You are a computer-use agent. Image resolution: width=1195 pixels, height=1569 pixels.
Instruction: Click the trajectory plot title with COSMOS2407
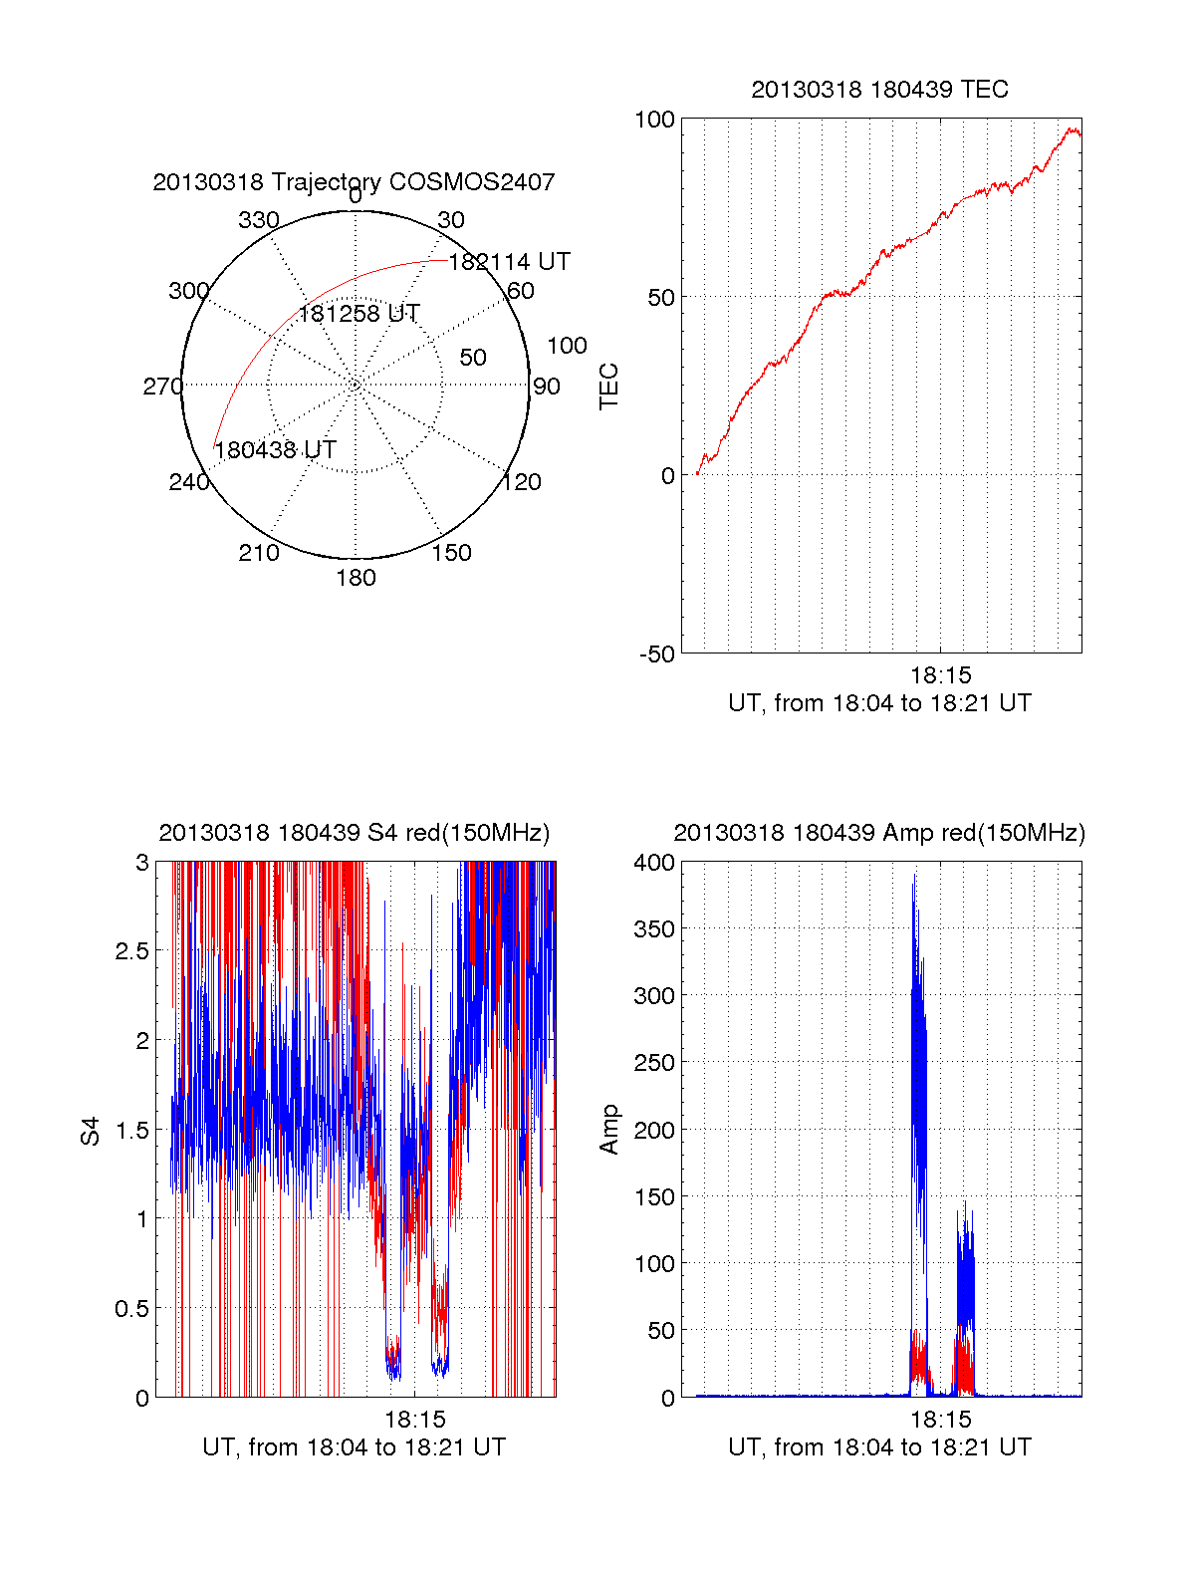click(x=354, y=182)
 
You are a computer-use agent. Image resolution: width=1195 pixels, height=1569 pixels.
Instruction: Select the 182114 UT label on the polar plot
click(x=509, y=262)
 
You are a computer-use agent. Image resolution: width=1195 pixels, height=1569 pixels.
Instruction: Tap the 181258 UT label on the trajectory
click(x=358, y=314)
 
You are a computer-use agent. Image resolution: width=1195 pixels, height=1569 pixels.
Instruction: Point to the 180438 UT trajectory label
click(x=275, y=450)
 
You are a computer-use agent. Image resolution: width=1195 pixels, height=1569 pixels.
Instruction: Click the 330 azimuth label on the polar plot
click(x=259, y=220)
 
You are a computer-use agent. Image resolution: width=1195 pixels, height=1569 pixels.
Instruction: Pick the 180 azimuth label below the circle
click(x=356, y=578)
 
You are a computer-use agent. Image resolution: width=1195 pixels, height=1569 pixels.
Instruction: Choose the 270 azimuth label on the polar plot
click(x=162, y=387)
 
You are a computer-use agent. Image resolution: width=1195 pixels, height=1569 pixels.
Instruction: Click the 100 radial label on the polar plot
click(x=567, y=346)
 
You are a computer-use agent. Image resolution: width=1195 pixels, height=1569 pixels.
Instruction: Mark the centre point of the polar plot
click(x=356, y=385)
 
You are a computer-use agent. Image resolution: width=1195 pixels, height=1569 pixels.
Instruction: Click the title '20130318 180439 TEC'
click(x=879, y=90)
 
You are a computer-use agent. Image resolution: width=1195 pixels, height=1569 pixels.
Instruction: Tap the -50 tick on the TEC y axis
click(x=657, y=654)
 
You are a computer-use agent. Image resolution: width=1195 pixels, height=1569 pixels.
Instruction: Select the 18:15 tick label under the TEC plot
click(x=940, y=675)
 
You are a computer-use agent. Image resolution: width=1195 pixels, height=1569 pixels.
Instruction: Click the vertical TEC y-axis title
click(x=609, y=387)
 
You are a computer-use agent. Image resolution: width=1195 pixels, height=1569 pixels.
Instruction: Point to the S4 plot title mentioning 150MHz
click(x=354, y=833)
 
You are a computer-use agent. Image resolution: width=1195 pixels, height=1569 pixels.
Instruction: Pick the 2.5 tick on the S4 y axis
click(x=132, y=951)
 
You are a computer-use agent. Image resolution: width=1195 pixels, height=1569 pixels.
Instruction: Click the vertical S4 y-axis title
click(x=91, y=1131)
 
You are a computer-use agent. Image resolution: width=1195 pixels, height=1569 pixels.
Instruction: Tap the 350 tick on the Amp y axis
click(x=654, y=929)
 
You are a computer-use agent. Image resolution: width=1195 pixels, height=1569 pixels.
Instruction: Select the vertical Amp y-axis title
click(x=609, y=1129)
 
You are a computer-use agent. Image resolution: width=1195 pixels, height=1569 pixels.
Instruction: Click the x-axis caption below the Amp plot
click(x=879, y=1447)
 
